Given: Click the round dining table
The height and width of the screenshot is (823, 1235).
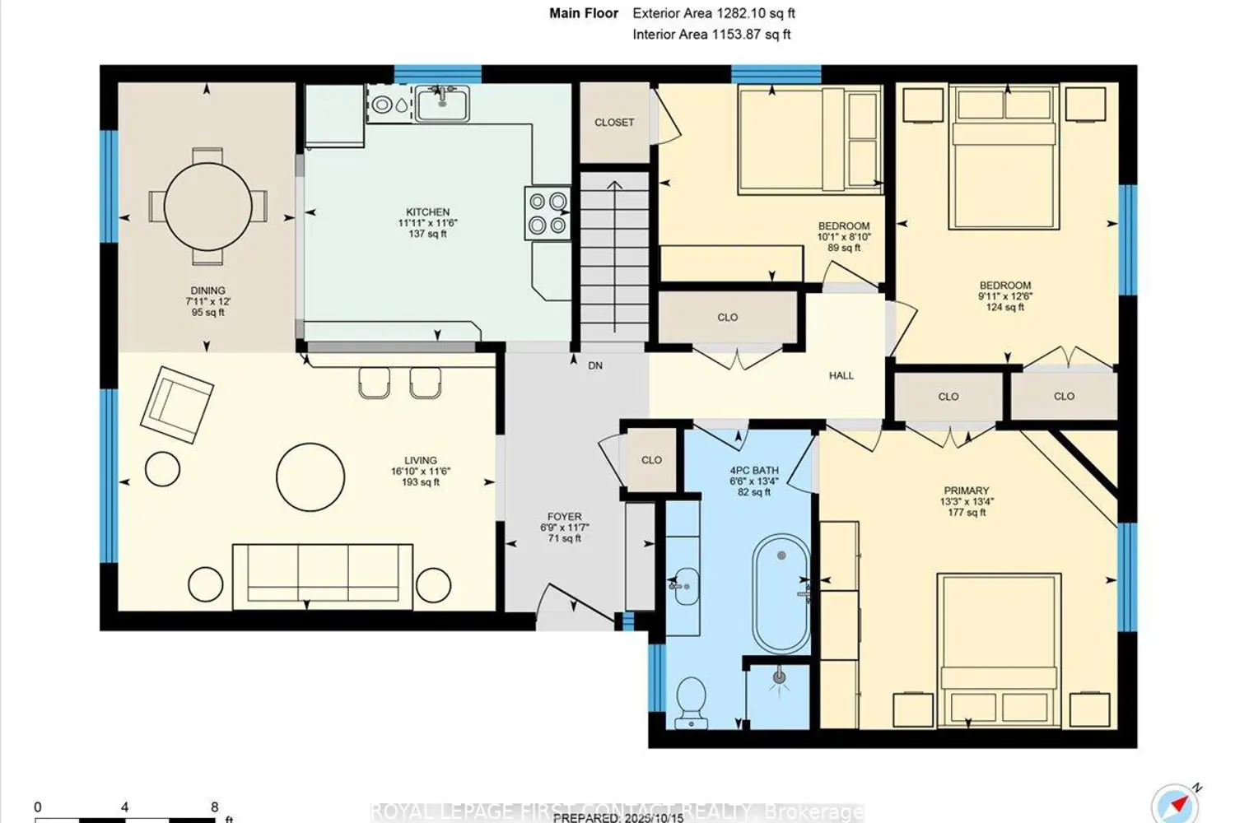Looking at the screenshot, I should tap(207, 206).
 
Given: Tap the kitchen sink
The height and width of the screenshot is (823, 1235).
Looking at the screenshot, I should tap(442, 104).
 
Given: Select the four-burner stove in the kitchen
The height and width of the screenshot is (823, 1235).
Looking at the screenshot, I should tap(548, 212).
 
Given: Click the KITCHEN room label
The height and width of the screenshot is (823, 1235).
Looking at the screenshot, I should tap(427, 212).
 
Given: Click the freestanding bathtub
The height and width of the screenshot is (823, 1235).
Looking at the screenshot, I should tap(781, 593).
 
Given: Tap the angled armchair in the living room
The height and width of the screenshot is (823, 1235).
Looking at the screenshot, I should tap(177, 405).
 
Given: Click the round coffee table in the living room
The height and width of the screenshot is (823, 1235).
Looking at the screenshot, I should tap(310, 477).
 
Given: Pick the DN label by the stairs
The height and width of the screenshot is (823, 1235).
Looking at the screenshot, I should tap(595, 365).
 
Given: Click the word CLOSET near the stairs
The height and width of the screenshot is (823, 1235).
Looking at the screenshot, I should tap(614, 123).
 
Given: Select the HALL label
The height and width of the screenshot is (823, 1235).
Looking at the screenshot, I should tap(841, 375).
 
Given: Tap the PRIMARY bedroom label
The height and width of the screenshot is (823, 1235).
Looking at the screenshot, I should tap(966, 491).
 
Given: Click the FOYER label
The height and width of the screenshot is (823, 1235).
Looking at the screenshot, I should tap(564, 517).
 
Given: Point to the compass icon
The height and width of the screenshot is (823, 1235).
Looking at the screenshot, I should tap(1176, 803).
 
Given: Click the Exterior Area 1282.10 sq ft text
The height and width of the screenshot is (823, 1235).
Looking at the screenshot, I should tap(713, 13).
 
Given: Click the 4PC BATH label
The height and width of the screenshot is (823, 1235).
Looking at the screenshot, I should tap(753, 471).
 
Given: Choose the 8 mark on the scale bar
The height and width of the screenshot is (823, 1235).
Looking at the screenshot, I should tap(214, 807).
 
